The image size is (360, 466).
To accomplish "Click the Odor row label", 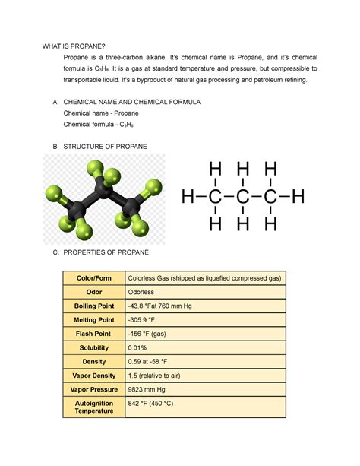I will click(93, 292).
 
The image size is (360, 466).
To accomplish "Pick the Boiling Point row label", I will click(93, 306).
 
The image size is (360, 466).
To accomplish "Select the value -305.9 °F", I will click(146, 320).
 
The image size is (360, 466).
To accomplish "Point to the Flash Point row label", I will click(93, 334).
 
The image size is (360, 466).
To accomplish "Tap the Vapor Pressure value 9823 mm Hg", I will click(150, 389).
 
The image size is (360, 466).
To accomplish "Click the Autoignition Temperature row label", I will click(93, 407).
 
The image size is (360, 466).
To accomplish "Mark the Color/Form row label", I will click(93, 278).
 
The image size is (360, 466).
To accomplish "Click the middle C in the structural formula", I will click(243, 198).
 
